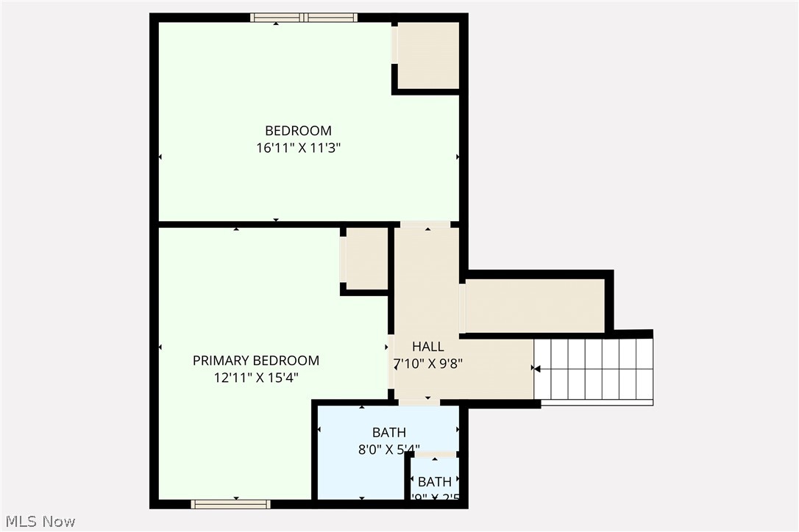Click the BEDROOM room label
298,131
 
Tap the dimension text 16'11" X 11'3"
298,148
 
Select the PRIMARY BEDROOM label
256,361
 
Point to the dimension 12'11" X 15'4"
256,378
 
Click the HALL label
427,347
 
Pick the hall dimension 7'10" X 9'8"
427,363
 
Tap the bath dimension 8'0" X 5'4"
388,449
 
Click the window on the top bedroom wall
303,18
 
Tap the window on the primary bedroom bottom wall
230,504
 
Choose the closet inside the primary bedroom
366,258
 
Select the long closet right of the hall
535,306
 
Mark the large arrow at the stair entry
537,368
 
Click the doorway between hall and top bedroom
426,224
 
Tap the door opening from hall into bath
419,403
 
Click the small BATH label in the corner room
435,483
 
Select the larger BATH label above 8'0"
388,433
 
